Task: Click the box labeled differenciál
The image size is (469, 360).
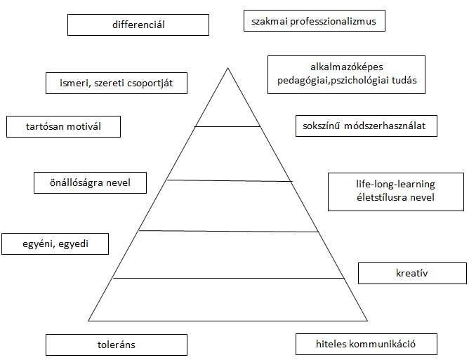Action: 138,25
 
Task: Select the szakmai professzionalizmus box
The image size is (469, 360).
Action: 314,21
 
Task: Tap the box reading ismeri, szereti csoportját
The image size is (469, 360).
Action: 117,84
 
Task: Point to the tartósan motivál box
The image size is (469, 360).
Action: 63,127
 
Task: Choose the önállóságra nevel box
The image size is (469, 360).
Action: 91,182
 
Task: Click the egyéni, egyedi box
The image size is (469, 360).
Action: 55,244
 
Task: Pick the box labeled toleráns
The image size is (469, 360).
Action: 117,345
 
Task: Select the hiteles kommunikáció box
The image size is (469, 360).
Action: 366,344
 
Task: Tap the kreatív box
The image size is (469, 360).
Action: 411,273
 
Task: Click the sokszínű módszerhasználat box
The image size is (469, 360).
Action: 366,126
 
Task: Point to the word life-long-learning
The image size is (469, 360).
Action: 395,185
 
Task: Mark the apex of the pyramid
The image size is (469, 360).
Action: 227,68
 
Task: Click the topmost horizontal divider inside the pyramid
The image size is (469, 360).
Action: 227,127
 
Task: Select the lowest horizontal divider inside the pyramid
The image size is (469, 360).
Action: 227,278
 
